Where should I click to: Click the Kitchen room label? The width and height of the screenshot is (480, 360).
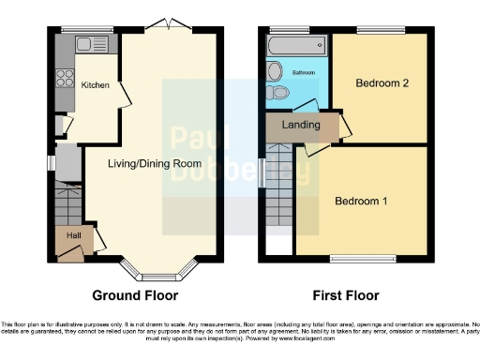tap(95, 85)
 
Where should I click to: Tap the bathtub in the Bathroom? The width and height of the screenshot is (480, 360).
tap(290, 44)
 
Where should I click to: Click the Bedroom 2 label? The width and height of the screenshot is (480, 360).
tap(381, 83)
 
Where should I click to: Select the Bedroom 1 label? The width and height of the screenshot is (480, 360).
tap(361, 201)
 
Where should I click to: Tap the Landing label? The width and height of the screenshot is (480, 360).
tap(302, 125)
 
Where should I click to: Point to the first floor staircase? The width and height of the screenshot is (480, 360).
tap(278, 202)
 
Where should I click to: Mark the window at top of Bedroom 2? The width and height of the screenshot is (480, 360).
tap(378, 32)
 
